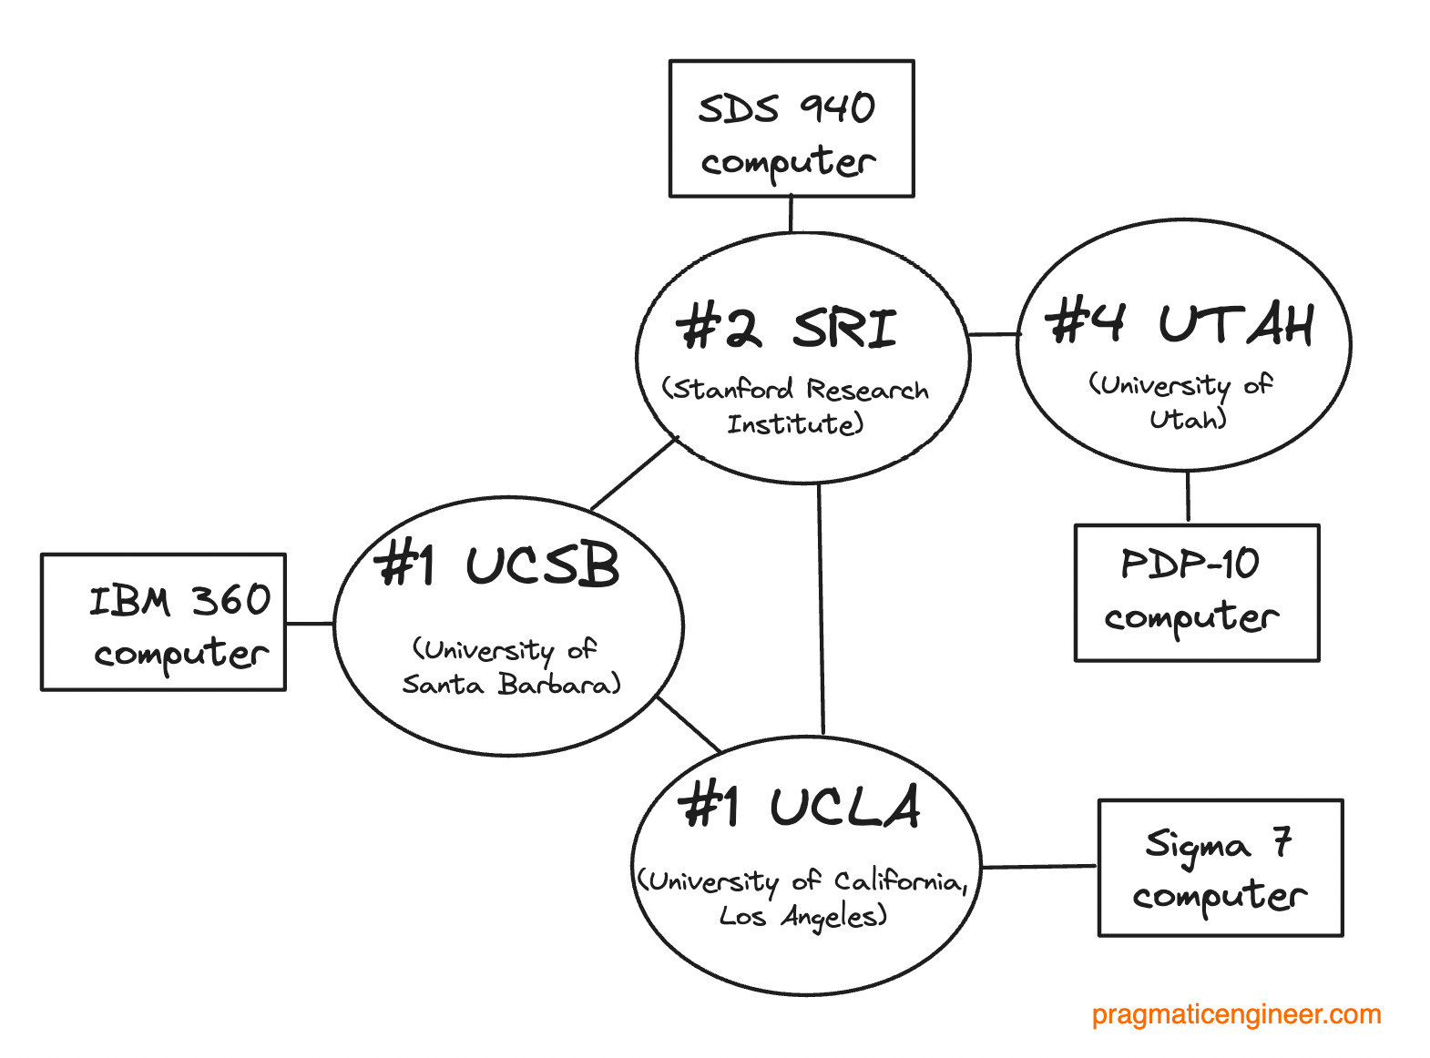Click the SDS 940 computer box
pyautogui.click(x=791, y=128)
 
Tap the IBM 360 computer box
pyautogui.click(x=163, y=622)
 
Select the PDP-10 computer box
pyautogui.click(x=1196, y=592)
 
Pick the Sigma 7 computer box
pyautogui.click(x=1220, y=868)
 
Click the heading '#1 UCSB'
pyautogui.click(x=497, y=565)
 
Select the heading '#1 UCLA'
pyautogui.click(x=800, y=807)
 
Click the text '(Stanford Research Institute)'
pyautogui.click(x=795, y=406)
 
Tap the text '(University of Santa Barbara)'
pyautogui.click(x=510, y=667)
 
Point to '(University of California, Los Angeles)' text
pyautogui.click(x=802, y=898)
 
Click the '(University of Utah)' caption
pyautogui.click(x=1182, y=401)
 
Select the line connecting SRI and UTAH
pyautogui.click(x=993, y=334)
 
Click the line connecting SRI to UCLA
pyautogui.click(x=821, y=610)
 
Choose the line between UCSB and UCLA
pyautogui.click(x=689, y=725)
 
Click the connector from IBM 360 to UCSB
pyautogui.click(x=310, y=624)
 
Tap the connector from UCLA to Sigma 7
pyautogui.click(x=1039, y=867)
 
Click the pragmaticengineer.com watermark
pyautogui.click(x=1236, y=1014)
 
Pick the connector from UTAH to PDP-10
pyautogui.click(x=1188, y=497)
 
